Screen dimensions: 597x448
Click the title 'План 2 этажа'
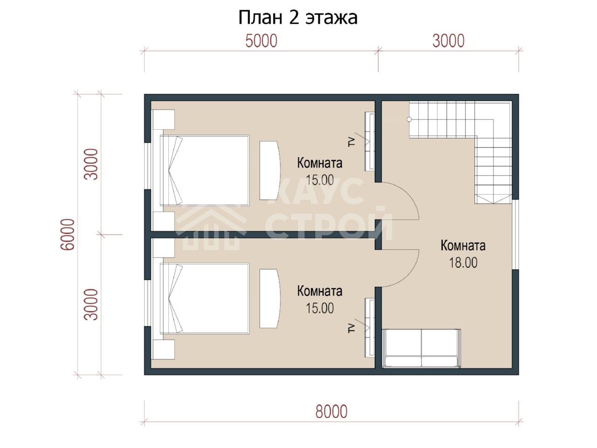(298, 17)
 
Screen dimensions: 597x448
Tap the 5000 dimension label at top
(261, 41)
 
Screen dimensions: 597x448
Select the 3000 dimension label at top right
(448, 41)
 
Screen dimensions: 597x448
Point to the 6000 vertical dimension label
(67, 234)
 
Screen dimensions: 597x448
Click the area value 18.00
(463, 263)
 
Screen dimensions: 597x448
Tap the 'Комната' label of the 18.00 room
(463, 245)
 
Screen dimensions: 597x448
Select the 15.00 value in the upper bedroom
(319, 180)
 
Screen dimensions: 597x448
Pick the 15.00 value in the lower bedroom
(319, 308)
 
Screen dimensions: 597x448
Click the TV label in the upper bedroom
(352, 142)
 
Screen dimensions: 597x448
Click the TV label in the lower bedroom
(352, 329)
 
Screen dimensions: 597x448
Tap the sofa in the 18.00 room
(421, 349)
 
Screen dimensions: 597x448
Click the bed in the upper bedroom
(205, 170)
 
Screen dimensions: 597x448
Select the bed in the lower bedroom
(205, 298)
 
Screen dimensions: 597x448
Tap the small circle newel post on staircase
(409, 119)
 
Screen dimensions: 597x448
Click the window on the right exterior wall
(515, 234)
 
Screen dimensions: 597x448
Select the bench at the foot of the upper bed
(270, 170)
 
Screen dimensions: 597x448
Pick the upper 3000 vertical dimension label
(91, 164)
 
